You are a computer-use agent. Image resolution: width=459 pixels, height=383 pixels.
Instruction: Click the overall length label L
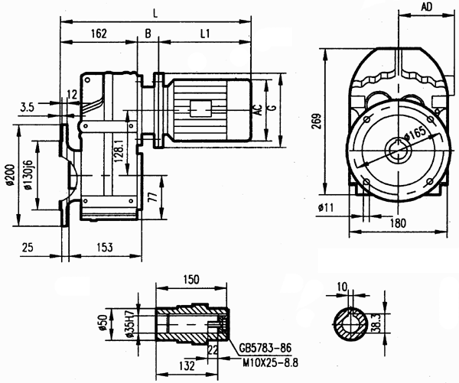point(156,13)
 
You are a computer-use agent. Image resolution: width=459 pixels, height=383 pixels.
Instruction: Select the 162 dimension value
point(97,34)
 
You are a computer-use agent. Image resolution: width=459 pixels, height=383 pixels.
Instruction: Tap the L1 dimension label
point(207,34)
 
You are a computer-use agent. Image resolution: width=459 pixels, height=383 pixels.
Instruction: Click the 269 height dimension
point(316,121)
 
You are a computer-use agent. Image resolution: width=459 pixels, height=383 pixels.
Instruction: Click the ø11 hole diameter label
point(324,206)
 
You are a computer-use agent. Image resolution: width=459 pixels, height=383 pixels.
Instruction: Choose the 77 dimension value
point(153,196)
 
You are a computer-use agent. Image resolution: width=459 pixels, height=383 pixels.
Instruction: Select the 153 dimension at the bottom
point(106,248)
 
